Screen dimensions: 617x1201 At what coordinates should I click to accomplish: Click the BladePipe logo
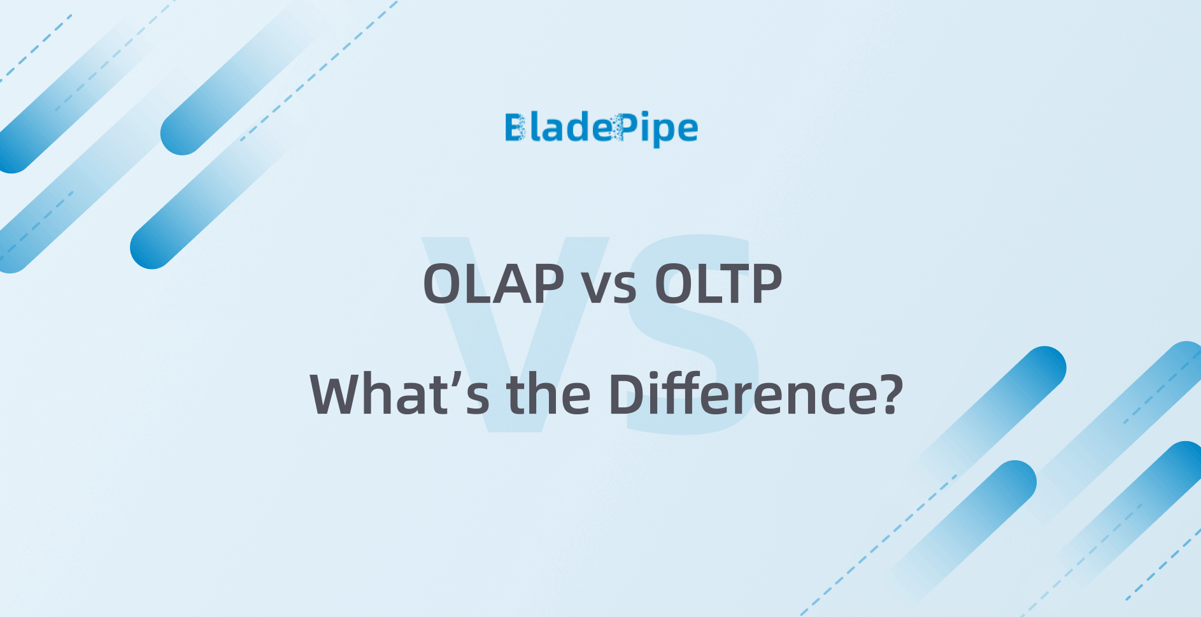(601, 129)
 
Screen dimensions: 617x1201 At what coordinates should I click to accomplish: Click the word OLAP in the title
(494, 284)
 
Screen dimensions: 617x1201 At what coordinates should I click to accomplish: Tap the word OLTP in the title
(718, 284)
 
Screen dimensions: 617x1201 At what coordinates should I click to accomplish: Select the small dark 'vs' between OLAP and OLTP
(609, 288)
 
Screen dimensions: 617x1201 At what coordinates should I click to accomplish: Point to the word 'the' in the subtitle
(548, 395)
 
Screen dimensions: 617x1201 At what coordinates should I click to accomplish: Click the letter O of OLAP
(445, 284)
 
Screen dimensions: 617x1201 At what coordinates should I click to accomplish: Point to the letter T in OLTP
(732, 284)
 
